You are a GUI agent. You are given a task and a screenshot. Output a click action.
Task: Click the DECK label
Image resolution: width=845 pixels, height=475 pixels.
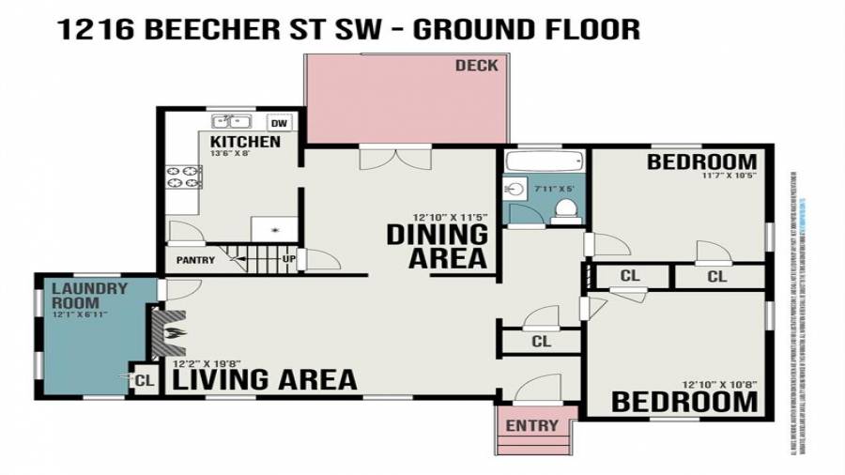pos(477,66)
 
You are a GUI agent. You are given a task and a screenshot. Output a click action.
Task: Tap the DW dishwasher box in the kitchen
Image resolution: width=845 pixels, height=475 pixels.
pos(279,123)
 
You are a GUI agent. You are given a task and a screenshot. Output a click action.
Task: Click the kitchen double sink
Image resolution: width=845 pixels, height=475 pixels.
pos(231,122)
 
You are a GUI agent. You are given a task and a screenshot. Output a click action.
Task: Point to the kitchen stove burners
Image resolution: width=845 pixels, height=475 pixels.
pos(184,176)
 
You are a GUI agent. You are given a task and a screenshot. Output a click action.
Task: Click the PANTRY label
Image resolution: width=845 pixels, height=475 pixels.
pos(195,260)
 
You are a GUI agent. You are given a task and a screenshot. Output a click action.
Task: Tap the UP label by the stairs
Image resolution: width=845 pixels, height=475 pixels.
pos(289,259)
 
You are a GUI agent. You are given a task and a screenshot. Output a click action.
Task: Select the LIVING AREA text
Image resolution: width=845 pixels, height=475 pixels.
pos(265,379)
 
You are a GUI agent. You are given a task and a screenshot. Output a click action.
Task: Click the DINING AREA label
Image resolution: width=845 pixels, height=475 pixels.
pos(438,246)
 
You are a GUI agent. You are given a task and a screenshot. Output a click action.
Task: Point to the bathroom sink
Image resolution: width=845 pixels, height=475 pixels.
pos(515,189)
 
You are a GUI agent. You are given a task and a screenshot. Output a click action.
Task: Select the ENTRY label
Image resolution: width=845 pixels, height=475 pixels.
pos(532,426)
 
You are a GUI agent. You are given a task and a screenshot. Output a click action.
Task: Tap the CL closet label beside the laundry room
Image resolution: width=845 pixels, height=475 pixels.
pos(144,380)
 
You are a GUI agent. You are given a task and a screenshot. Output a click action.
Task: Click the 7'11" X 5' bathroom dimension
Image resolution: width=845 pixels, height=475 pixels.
pos(554,189)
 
